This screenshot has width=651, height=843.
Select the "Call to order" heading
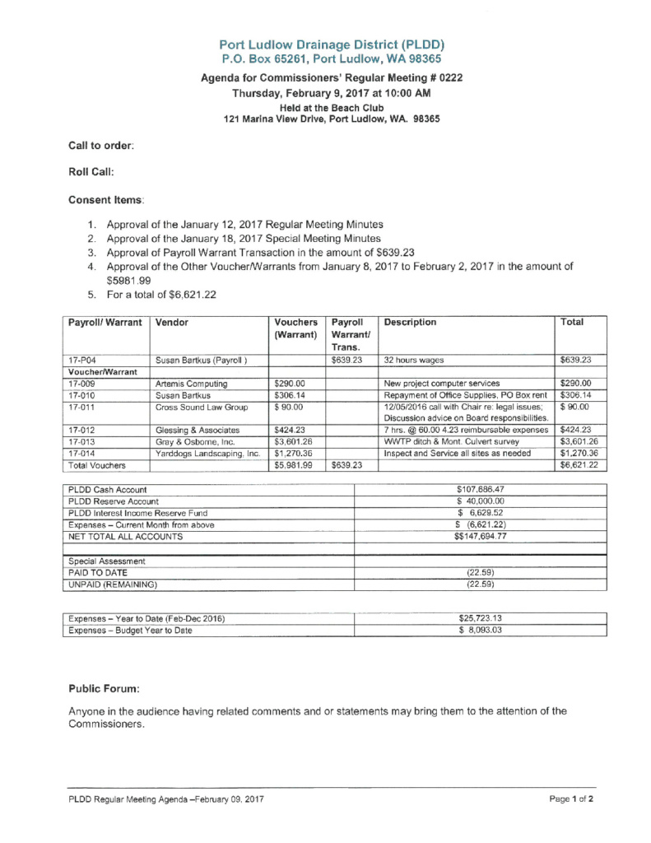(x=101, y=145)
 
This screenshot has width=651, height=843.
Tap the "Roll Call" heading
(x=91, y=172)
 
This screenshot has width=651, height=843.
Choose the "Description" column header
(x=410, y=323)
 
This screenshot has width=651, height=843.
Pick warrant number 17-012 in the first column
(x=82, y=429)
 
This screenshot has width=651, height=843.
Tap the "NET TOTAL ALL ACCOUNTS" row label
(x=125, y=536)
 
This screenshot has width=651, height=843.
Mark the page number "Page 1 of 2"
(x=571, y=799)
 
